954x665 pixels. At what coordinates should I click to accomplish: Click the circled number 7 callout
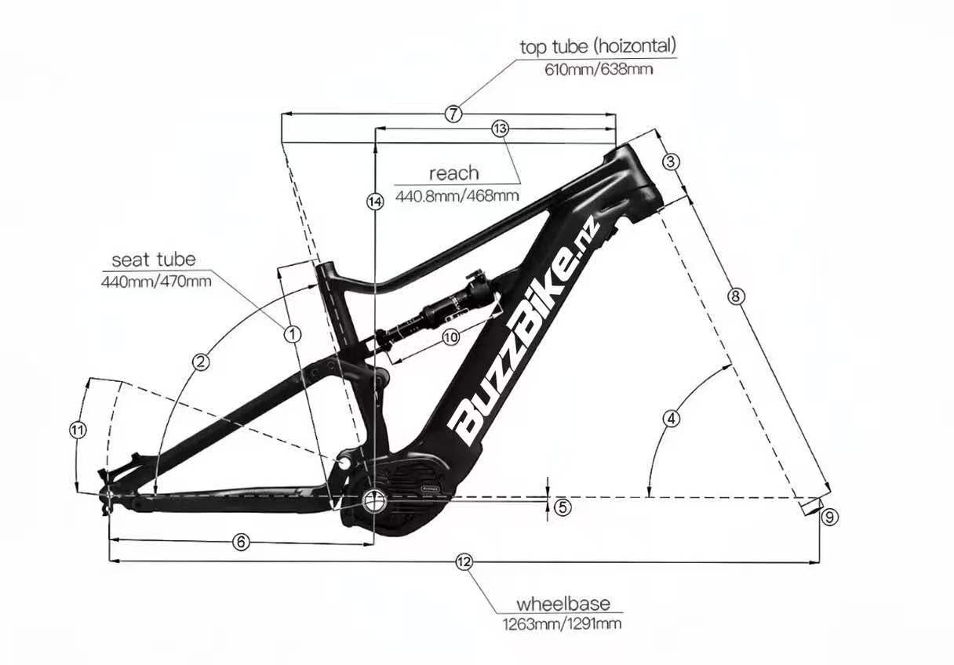click(453, 114)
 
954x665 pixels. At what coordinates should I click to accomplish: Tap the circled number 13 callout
click(500, 129)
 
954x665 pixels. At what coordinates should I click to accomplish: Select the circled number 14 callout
click(375, 202)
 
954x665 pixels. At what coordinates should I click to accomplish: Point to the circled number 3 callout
click(671, 162)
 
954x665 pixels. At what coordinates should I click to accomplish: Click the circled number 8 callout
click(736, 296)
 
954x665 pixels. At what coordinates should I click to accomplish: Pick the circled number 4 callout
click(672, 419)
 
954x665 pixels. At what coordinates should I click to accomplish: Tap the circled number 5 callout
click(563, 507)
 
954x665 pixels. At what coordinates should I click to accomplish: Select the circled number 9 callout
click(829, 518)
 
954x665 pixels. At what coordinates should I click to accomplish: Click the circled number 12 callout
click(464, 562)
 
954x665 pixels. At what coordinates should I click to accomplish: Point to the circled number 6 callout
click(241, 542)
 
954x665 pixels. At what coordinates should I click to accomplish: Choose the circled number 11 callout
click(78, 430)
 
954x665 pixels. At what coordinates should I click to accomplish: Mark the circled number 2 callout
click(201, 362)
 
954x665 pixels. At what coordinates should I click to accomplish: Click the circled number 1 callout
click(293, 334)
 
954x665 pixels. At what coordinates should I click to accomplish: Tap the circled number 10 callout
click(451, 338)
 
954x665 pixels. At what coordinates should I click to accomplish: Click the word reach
click(454, 173)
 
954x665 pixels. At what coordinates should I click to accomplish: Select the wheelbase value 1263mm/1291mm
click(563, 624)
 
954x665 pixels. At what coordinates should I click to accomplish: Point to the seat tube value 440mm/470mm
click(156, 282)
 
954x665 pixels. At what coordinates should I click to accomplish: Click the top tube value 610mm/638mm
click(599, 69)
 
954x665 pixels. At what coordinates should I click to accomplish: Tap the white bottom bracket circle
click(374, 501)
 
